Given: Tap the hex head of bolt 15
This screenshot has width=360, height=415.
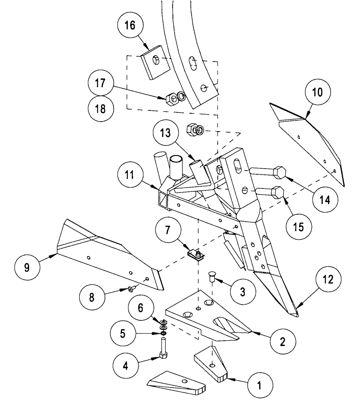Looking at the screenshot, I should click(x=277, y=193).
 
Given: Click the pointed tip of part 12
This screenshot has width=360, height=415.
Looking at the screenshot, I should click(x=295, y=315).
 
